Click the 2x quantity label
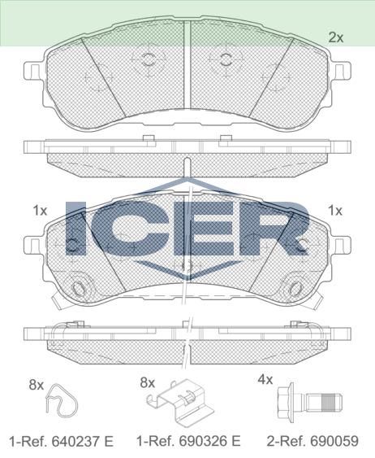click(336, 37)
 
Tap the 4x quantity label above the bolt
click(265, 380)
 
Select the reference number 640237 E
click(82, 441)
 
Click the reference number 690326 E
click(209, 441)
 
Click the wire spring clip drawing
click(62, 400)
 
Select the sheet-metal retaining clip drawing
click(180, 403)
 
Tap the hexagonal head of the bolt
click(285, 403)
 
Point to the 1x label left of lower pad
click(40, 211)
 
